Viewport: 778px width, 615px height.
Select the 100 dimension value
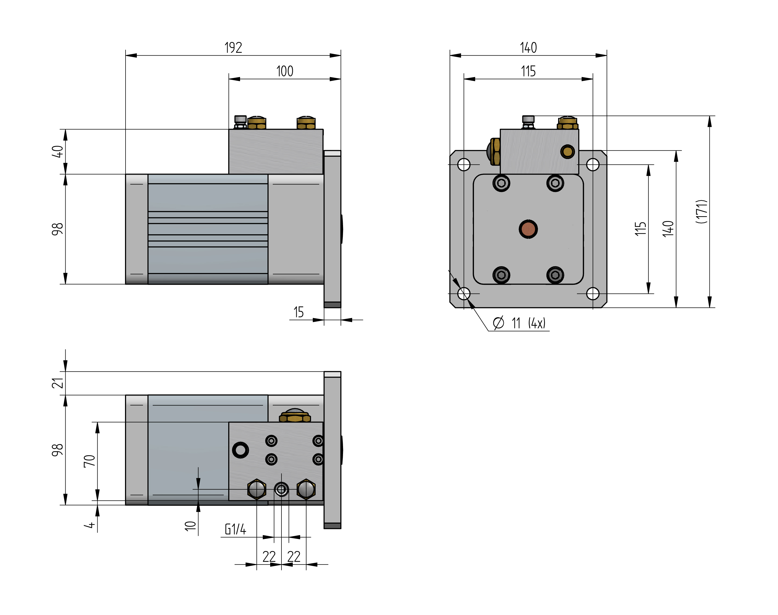pyautogui.click(x=284, y=71)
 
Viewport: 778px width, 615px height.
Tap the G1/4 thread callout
pyautogui.click(x=235, y=529)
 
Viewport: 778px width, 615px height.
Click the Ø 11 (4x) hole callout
pyautogui.click(x=520, y=323)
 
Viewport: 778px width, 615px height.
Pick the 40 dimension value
pyautogui.click(x=58, y=152)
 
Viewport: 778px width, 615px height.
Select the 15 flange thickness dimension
pyautogui.click(x=298, y=312)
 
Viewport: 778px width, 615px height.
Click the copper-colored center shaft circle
pyautogui.click(x=528, y=229)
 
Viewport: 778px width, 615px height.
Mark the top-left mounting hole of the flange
pyautogui.click(x=464, y=165)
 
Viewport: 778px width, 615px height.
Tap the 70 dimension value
pyautogui.click(x=89, y=461)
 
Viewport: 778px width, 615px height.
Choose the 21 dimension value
pyautogui.click(x=58, y=383)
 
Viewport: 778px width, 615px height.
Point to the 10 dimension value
pyautogui.click(x=190, y=526)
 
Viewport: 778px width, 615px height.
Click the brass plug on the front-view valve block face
pyautogui.click(x=568, y=152)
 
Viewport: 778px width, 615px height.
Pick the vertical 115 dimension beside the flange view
pyautogui.click(x=640, y=229)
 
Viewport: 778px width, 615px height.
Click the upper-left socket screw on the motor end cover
pyautogui.click(x=501, y=183)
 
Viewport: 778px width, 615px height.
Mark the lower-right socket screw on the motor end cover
pyautogui.click(x=555, y=275)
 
